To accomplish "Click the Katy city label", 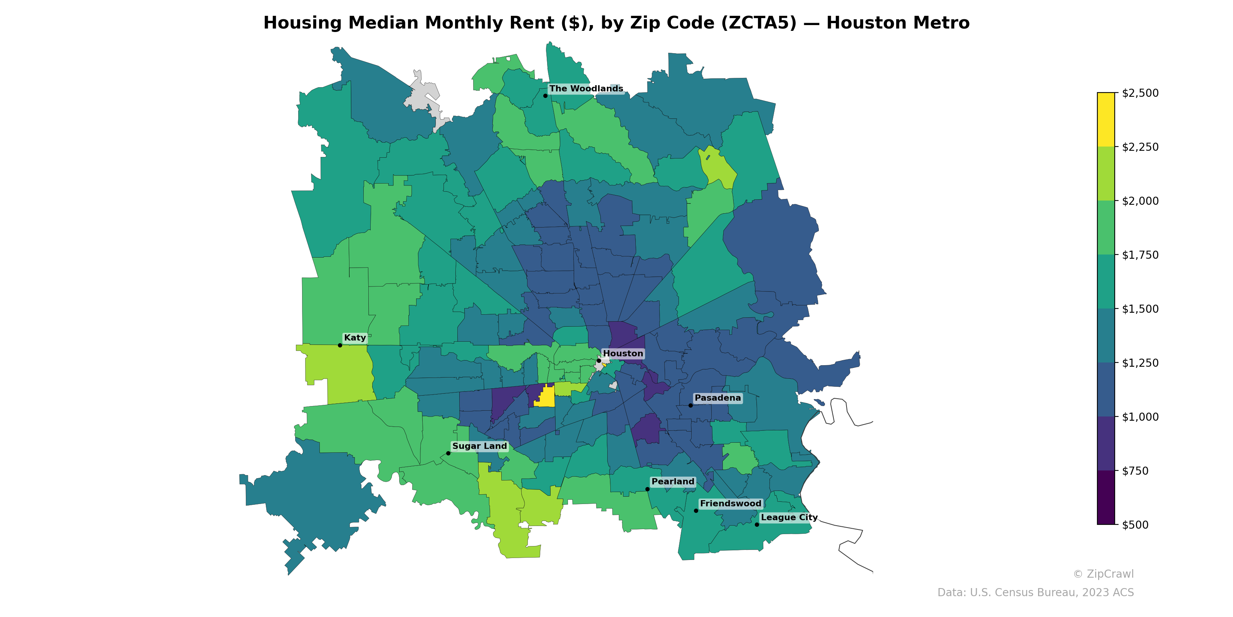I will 354,338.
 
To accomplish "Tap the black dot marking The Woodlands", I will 545,96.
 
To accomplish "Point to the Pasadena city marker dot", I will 690,405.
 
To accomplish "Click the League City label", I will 789,518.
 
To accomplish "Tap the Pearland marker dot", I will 647,489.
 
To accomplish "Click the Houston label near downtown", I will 623,354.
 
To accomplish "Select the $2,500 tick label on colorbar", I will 1140,93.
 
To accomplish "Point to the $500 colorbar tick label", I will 1135,524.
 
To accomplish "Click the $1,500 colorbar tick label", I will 1140,309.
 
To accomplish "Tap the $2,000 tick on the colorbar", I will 1140,201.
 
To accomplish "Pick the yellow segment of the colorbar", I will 1106,120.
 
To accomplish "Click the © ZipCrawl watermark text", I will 1103,574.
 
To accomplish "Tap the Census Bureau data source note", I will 1035,593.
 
